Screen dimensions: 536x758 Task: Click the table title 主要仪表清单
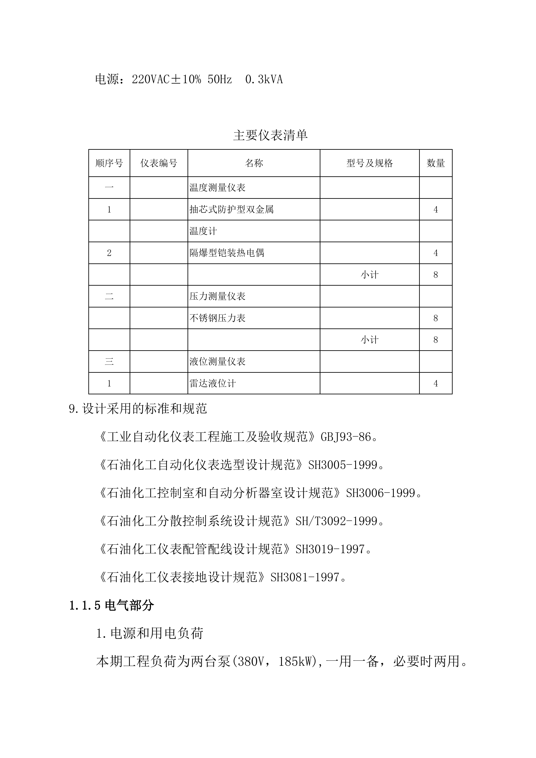(x=270, y=135)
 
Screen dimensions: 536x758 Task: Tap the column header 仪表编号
(x=159, y=163)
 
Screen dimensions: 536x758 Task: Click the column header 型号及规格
(x=369, y=163)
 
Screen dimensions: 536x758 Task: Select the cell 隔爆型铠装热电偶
(x=227, y=253)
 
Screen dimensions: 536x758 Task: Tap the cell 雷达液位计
(x=213, y=383)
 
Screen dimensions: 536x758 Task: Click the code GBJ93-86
(x=346, y=437)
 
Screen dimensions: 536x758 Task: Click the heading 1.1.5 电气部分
(x=111, y=605)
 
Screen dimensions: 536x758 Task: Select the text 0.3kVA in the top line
(x=264, y=80)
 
